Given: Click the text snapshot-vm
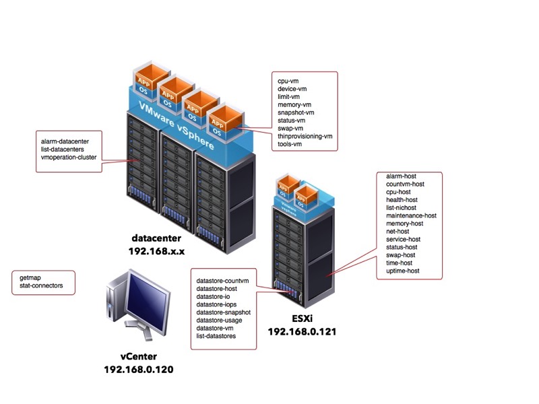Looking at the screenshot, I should (x=296, y=112).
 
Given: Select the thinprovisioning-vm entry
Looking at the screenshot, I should (x=305, y=136).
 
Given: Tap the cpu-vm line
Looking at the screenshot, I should (x=288, y=81).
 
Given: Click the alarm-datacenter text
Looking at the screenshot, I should (x=70, y=141).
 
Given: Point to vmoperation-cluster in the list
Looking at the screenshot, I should (x=69, y=157).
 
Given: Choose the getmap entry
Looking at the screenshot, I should (x=31, y=277).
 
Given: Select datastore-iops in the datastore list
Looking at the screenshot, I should (x=216, y=304).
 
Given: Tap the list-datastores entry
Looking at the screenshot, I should (x=216, y=336).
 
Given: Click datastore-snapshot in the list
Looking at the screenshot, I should (x=223, y=312).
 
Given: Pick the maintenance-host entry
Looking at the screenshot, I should (x=411, y=215).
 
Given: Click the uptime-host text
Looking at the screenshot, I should (x=403, y=271).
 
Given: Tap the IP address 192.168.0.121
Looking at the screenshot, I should (x=302, y=331).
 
